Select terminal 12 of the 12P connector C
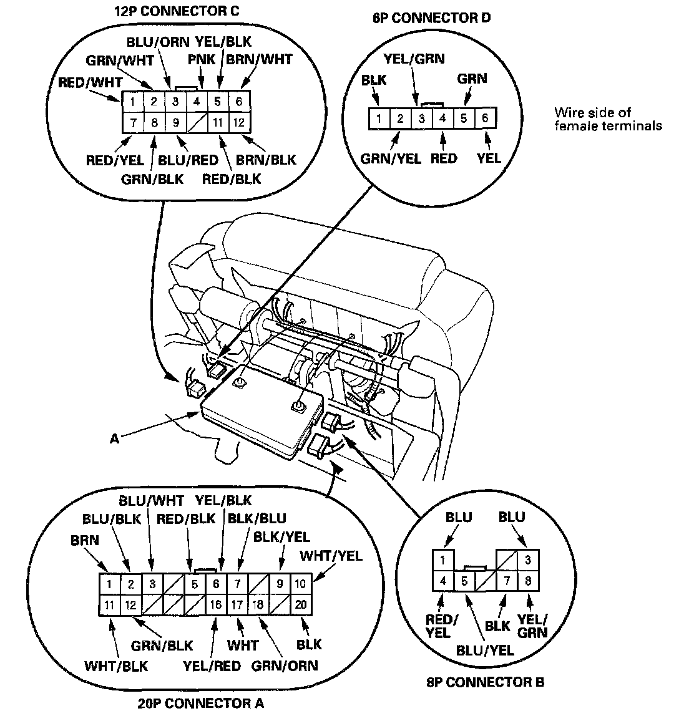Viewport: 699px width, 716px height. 238,122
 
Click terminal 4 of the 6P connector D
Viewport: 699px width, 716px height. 442,118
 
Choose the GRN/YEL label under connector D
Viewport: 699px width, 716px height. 391,158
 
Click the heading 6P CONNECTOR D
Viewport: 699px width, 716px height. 431,17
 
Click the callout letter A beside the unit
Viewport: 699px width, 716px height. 114,439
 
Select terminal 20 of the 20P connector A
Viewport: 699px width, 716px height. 301,604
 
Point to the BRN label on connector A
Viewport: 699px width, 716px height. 85,539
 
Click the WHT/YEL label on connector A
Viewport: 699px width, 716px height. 331,555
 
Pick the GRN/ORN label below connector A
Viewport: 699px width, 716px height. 285,665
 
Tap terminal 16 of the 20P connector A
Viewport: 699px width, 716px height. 216,604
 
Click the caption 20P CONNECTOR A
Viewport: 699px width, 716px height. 200,704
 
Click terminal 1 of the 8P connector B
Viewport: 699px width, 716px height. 442,559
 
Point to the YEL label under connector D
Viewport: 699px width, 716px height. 489,158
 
